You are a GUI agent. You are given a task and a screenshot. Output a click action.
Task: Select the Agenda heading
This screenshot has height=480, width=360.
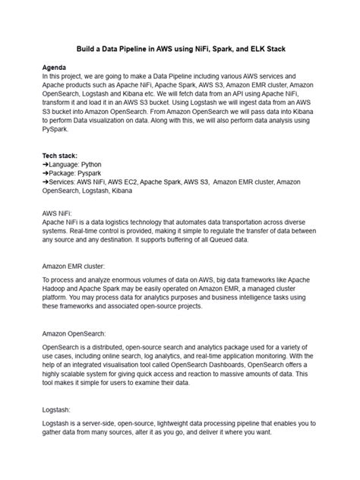click(x=57, y=68)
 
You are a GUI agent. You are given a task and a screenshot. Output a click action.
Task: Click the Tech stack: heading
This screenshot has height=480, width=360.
click(x=63, y=154)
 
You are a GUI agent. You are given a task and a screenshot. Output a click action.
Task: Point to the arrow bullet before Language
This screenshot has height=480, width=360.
click(x=46, y=164)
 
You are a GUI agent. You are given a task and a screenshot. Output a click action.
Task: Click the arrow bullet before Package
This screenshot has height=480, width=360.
click(x=46, y=173)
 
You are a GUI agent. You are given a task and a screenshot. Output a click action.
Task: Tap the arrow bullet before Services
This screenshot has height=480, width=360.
click(x=46, y=183)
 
